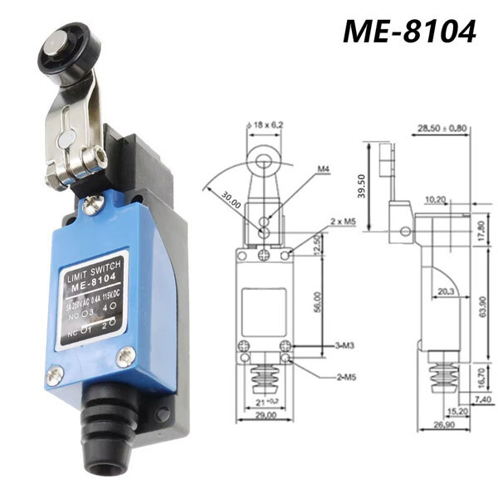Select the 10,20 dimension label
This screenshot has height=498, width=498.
click(435, 199)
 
